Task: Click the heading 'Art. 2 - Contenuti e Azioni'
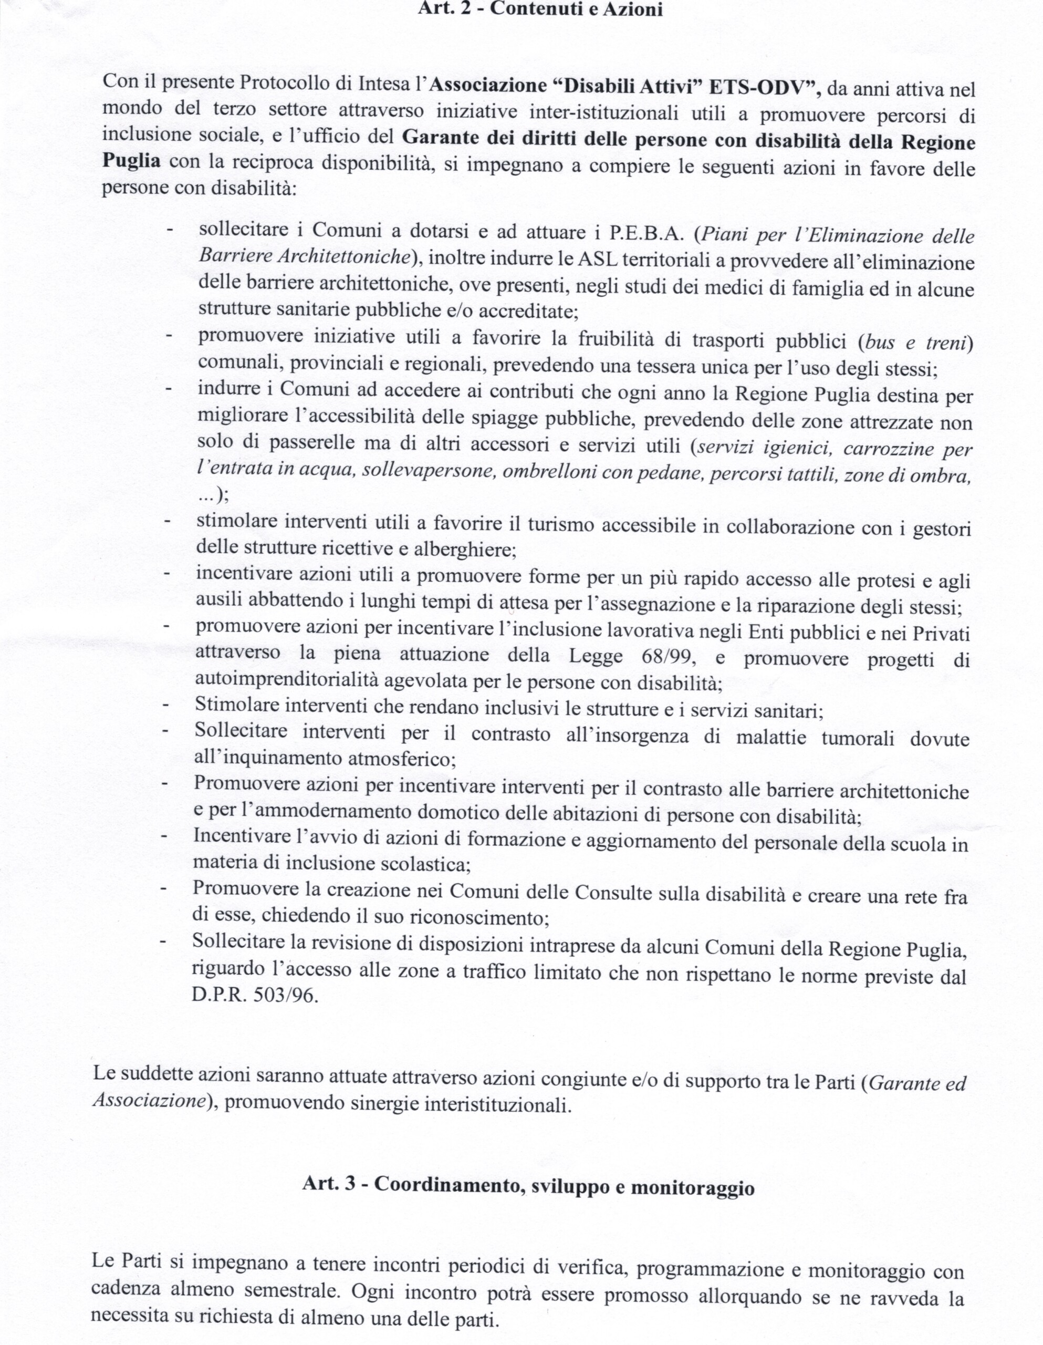(x=539, y=10)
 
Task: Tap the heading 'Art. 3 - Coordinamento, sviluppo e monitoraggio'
(x=528, y=1184)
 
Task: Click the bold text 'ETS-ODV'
(x=762, y=87)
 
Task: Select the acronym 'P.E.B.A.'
(x=646, y=233)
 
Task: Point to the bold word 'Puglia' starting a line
(x=131, y=161)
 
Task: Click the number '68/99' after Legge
(x=666, y=657)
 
